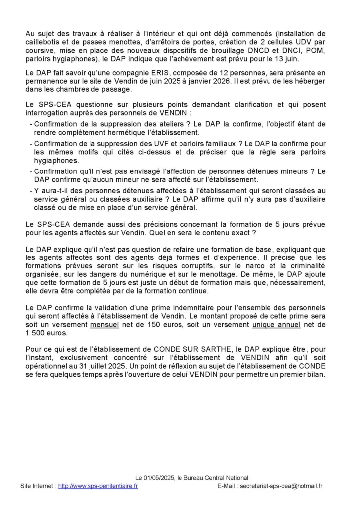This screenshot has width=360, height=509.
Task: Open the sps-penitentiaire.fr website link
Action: tap(97, 486)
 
